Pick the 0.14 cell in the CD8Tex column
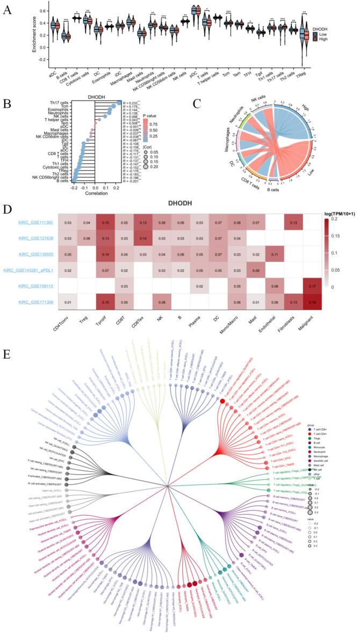(x=144, y=236)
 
